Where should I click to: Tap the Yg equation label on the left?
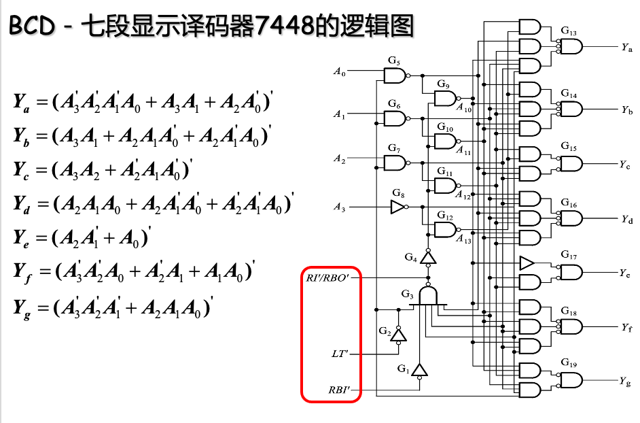click(21, 308)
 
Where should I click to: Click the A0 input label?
click(339, 71)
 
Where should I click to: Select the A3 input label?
click(339, 207)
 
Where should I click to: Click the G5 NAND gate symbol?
click(394, 75)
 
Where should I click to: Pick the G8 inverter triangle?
click(397, 207)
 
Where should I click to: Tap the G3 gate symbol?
click(428, 295)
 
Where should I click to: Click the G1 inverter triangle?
click(420, 371)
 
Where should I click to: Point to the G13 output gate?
click(570, 46)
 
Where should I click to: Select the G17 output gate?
click(570, 272)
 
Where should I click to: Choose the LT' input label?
click(340, 354)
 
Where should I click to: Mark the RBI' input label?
click(340, 391)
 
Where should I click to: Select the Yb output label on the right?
click(626, 109)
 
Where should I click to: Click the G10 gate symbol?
click(444, 141)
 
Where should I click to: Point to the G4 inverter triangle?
click(427, 258)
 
